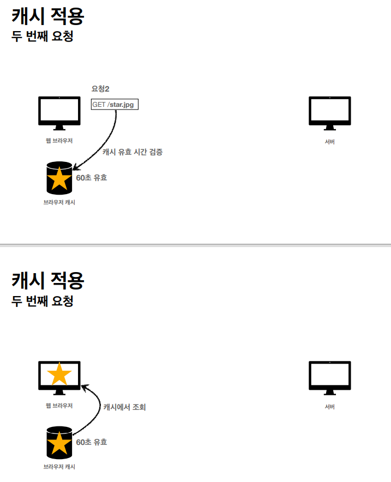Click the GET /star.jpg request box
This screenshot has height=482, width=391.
pyautogui.click(x=115, y=105)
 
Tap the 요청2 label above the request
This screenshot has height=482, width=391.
pyautogui.click(x=100, y=89)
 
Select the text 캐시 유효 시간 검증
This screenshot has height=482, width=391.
pyautogui.click(x=133, y=152)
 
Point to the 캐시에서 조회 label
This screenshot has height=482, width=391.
pyautogui.click(x=125, y=407)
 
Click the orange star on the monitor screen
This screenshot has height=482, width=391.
pyautogui.click(x=59, y=375)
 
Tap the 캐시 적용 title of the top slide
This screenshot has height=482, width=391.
pyautogui.click(x=48, y=16)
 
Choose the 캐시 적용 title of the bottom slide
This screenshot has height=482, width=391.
pyautogui.click(x=48, y=280)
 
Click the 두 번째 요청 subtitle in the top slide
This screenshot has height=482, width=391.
pyautogui.click(x=43, y=37)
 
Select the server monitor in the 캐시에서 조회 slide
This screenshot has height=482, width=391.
pyautogui.click(x=330, y=377)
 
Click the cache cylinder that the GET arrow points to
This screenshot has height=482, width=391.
pyautogui.click(x=59, y=178)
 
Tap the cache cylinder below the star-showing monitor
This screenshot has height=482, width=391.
pyautogui.click(x=59, y=442)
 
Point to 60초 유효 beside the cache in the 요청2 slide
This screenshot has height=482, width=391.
pyautogui.click(x=92, y=178)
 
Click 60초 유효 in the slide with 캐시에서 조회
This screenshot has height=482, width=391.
pyautogui.click(x=92, y=442)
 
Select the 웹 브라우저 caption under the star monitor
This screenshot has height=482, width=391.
pyautogui.click(x=59, y=406)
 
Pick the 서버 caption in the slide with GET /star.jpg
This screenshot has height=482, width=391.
pyautogui.click(x=329, y=142)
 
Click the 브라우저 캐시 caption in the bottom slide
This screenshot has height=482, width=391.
pyautogui.click(x=59, y=467)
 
